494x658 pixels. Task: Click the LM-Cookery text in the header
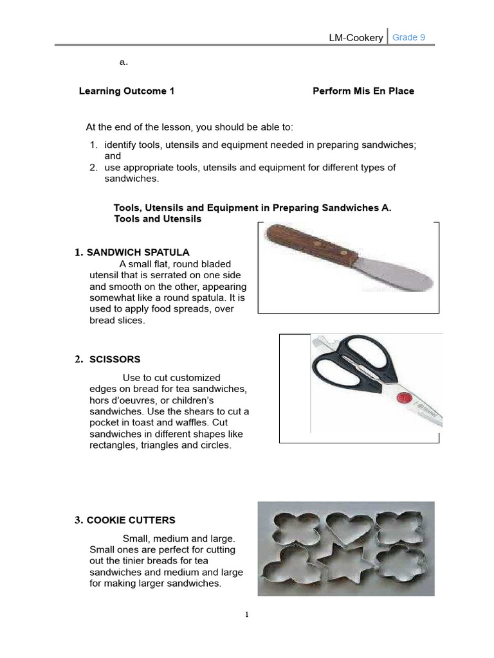(356, 38)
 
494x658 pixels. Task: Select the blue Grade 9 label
(408, 37)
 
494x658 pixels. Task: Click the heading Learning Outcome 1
(127, 91)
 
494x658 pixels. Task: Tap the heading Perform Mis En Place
(363, 91)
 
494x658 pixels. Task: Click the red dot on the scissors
(403, 396)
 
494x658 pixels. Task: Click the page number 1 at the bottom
(246, 615)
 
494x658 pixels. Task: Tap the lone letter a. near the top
(123, 62)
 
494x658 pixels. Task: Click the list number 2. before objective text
(93, 167)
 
